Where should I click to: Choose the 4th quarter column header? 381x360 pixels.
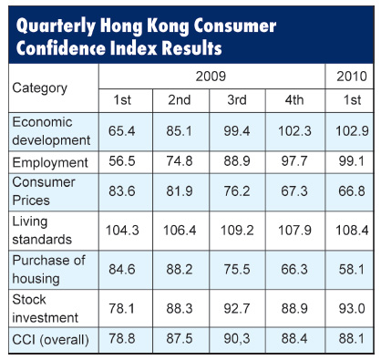tap(293, 100)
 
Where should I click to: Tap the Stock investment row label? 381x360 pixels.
tap(44, 307)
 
